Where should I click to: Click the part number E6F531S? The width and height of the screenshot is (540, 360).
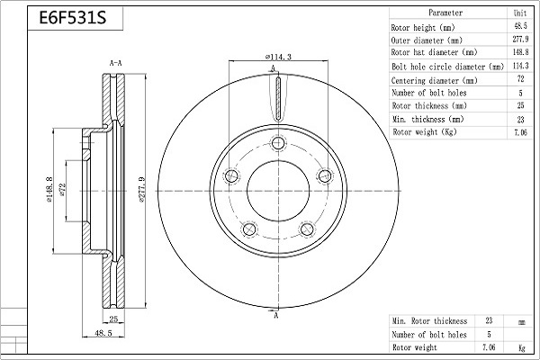(x=73, y=18)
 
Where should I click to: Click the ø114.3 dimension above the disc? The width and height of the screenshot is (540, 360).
(x=278, y=57)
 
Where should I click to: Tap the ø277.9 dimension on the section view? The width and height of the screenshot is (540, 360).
(x=142, y=190)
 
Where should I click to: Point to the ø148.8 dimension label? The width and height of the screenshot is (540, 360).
(x=49, y=189)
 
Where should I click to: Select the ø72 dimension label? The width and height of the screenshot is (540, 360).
(x=62, y=190)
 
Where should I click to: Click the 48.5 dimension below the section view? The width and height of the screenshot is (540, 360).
(x=103, y=333)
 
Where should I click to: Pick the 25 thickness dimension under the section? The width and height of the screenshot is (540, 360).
(x=113, y=319)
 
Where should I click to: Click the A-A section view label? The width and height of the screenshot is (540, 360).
(x=116, y=63)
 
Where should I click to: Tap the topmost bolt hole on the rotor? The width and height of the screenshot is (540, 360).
(x=278, y=142)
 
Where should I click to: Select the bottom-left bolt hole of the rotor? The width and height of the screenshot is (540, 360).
(x=249, y=229)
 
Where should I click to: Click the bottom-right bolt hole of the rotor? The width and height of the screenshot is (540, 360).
(x=307, y=229)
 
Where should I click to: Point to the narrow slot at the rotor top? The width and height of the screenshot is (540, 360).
(x=278, y=98)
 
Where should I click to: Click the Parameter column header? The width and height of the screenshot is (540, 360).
(x=445, y=13)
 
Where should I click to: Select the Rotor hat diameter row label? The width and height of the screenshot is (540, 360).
(x=435, y=52)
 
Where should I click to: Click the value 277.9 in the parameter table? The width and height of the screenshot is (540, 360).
(x=520, y=40)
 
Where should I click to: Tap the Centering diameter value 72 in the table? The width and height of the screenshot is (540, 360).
(x=520, y=79)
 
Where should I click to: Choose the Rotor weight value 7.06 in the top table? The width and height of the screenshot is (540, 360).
(x=520, y=132)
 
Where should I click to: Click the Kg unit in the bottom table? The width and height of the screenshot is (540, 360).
(x=522, y=348)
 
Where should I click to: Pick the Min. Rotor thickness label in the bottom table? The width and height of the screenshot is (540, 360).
(x=429, y=321)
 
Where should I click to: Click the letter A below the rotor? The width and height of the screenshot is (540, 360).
(x=276, y=315)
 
